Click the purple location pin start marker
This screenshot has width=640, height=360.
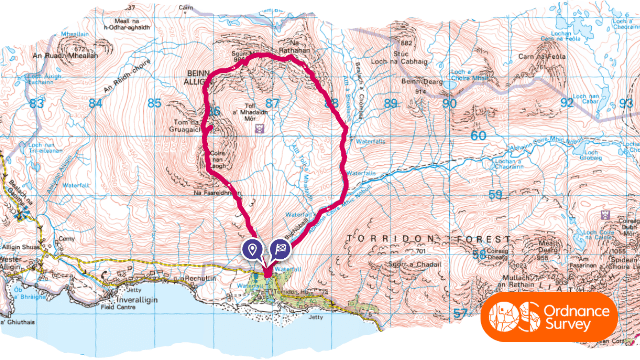click(x=253, y=248)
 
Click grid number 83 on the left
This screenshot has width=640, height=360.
click(x=38, y=104)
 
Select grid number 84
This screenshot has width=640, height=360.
click(x=96, y=103)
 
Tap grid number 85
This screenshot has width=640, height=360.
click(x=154, y=103)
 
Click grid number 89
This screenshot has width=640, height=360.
click(x=390, y=103)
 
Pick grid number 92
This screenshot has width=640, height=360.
click(x=567, y=102)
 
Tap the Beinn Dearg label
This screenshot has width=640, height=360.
click(x=421, y=80)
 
